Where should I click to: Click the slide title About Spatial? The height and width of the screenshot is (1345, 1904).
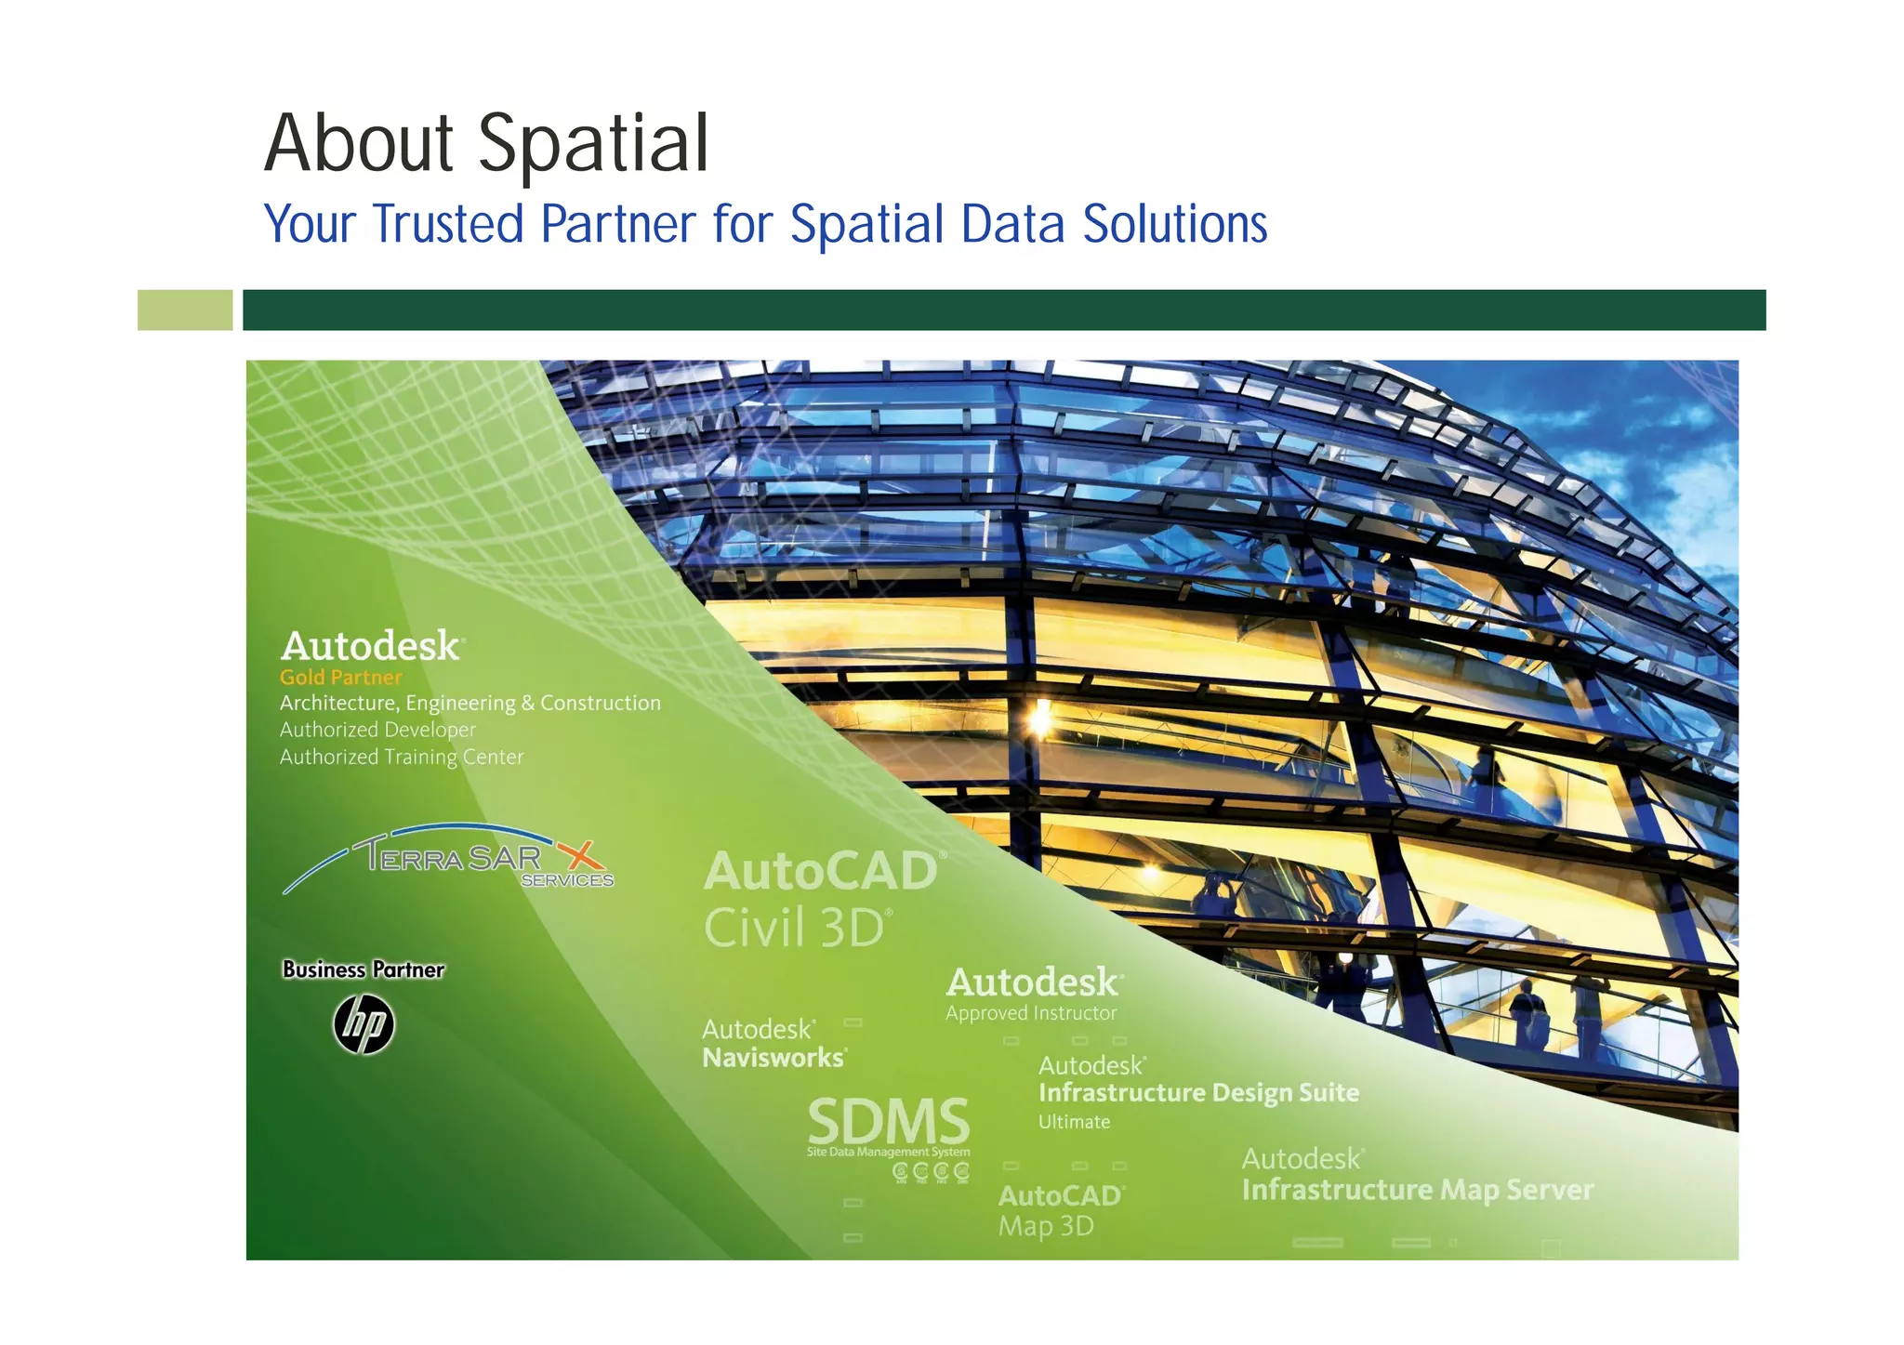coord(486,144)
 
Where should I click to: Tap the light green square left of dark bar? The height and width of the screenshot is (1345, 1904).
coord(184,310)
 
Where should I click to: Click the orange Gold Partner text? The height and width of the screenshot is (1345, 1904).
coord(340,678)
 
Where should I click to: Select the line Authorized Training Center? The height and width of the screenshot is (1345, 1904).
coord(402,757)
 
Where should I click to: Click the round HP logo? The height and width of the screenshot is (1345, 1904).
coord(364,1024)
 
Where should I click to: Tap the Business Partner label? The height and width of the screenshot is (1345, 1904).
coord(364,969)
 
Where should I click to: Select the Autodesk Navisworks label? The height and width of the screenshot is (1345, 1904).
coord(773,1044)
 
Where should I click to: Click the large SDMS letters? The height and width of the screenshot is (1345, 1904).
coord(888,1122)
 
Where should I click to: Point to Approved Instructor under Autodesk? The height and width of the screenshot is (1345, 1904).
coord(1031,1013)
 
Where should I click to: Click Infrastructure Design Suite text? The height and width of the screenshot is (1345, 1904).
coord(1198,1092)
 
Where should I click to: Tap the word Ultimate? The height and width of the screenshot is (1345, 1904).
coord(1074,1122)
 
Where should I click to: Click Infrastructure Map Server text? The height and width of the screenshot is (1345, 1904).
coord(1417,1190)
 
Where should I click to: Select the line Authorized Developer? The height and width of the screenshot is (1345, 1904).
coord(377,730)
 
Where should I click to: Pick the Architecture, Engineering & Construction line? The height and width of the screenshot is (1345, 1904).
coord(469,703)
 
